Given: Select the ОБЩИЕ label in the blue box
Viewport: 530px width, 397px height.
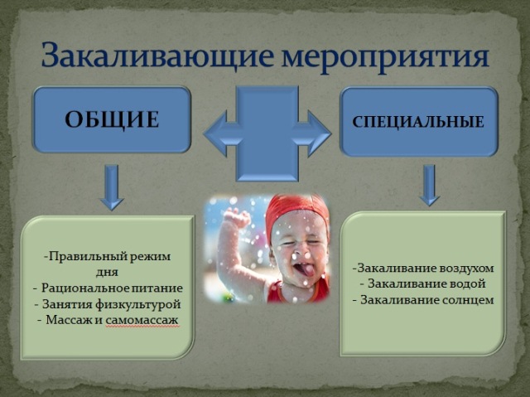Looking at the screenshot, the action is point(112,119).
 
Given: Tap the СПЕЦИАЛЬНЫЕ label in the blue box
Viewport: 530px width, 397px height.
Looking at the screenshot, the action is point(418,122).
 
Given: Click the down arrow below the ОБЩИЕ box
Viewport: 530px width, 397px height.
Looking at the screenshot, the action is point(113,187).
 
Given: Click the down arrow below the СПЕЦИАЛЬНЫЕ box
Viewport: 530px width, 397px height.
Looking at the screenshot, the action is point(429,185).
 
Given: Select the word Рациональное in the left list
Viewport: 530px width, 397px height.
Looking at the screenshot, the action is point(85,288).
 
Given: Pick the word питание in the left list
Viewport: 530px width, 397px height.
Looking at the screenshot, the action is point(157,288).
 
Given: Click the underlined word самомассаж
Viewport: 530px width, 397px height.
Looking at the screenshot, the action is point(142,320).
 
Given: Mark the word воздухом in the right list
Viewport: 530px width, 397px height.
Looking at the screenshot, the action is point(467,269).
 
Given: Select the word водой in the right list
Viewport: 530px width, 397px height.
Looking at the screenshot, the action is point(466,283).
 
